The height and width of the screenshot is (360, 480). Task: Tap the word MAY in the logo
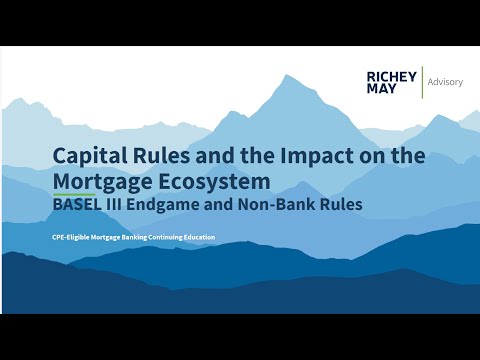(380, 90)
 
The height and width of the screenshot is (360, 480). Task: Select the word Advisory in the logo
(445, 82)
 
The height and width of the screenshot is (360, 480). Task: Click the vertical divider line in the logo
(421, 82)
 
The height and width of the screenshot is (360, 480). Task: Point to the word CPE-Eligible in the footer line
(71, 237)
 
